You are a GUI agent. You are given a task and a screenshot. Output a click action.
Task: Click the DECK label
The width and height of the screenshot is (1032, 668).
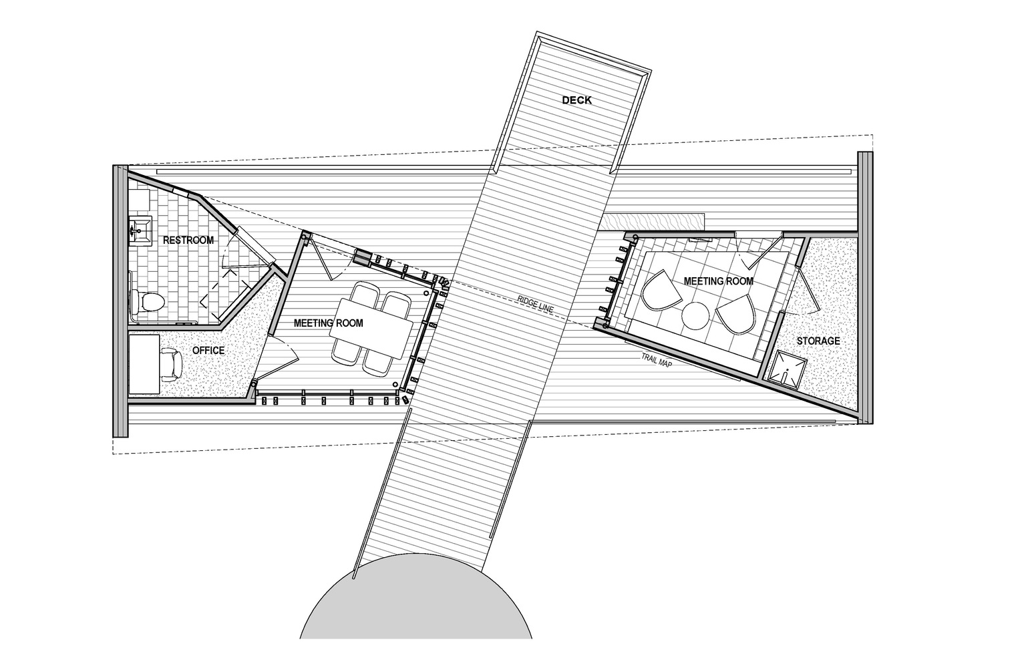pyautogui.click(x=576, y=100)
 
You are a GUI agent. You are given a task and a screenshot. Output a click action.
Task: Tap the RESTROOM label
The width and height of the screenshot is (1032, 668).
pyautogui.click(x=188, y=240)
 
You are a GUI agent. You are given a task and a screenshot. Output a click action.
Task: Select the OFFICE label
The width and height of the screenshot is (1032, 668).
pyautogui.click(x=208, y=350)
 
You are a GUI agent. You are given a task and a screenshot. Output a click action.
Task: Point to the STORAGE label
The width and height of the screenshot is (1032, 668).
pyautogui.click(x=818, y=341)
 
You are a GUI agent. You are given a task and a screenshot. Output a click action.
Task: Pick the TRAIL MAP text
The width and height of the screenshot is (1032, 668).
pyautogui.click(x=657, y=361)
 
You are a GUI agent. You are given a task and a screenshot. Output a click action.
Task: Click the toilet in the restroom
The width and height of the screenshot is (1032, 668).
pyautogui.click(x=146, y=302)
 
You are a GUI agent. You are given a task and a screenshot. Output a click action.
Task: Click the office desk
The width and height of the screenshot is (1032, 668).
pyautogui.click(x=144, y=365)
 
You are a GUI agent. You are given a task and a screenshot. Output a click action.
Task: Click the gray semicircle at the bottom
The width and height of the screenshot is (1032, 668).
pyautogui.click(x=416, y=608)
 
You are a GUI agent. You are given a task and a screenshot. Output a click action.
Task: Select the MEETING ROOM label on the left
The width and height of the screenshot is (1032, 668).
pyautogui.click(x=329, y=323)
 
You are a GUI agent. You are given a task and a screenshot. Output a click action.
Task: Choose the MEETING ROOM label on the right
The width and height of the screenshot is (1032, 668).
pyautogui.click(x=719, y=281)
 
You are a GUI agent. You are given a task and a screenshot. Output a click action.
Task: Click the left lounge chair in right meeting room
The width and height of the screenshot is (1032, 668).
pyautogui.click(x=659, y=289)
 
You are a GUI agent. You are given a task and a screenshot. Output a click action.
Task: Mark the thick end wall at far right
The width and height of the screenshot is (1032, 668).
pyautogui.click(x=865, y=287)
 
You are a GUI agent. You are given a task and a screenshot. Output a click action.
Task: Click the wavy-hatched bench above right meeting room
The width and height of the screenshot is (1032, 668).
pyautogui.click(x=655, y=219)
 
